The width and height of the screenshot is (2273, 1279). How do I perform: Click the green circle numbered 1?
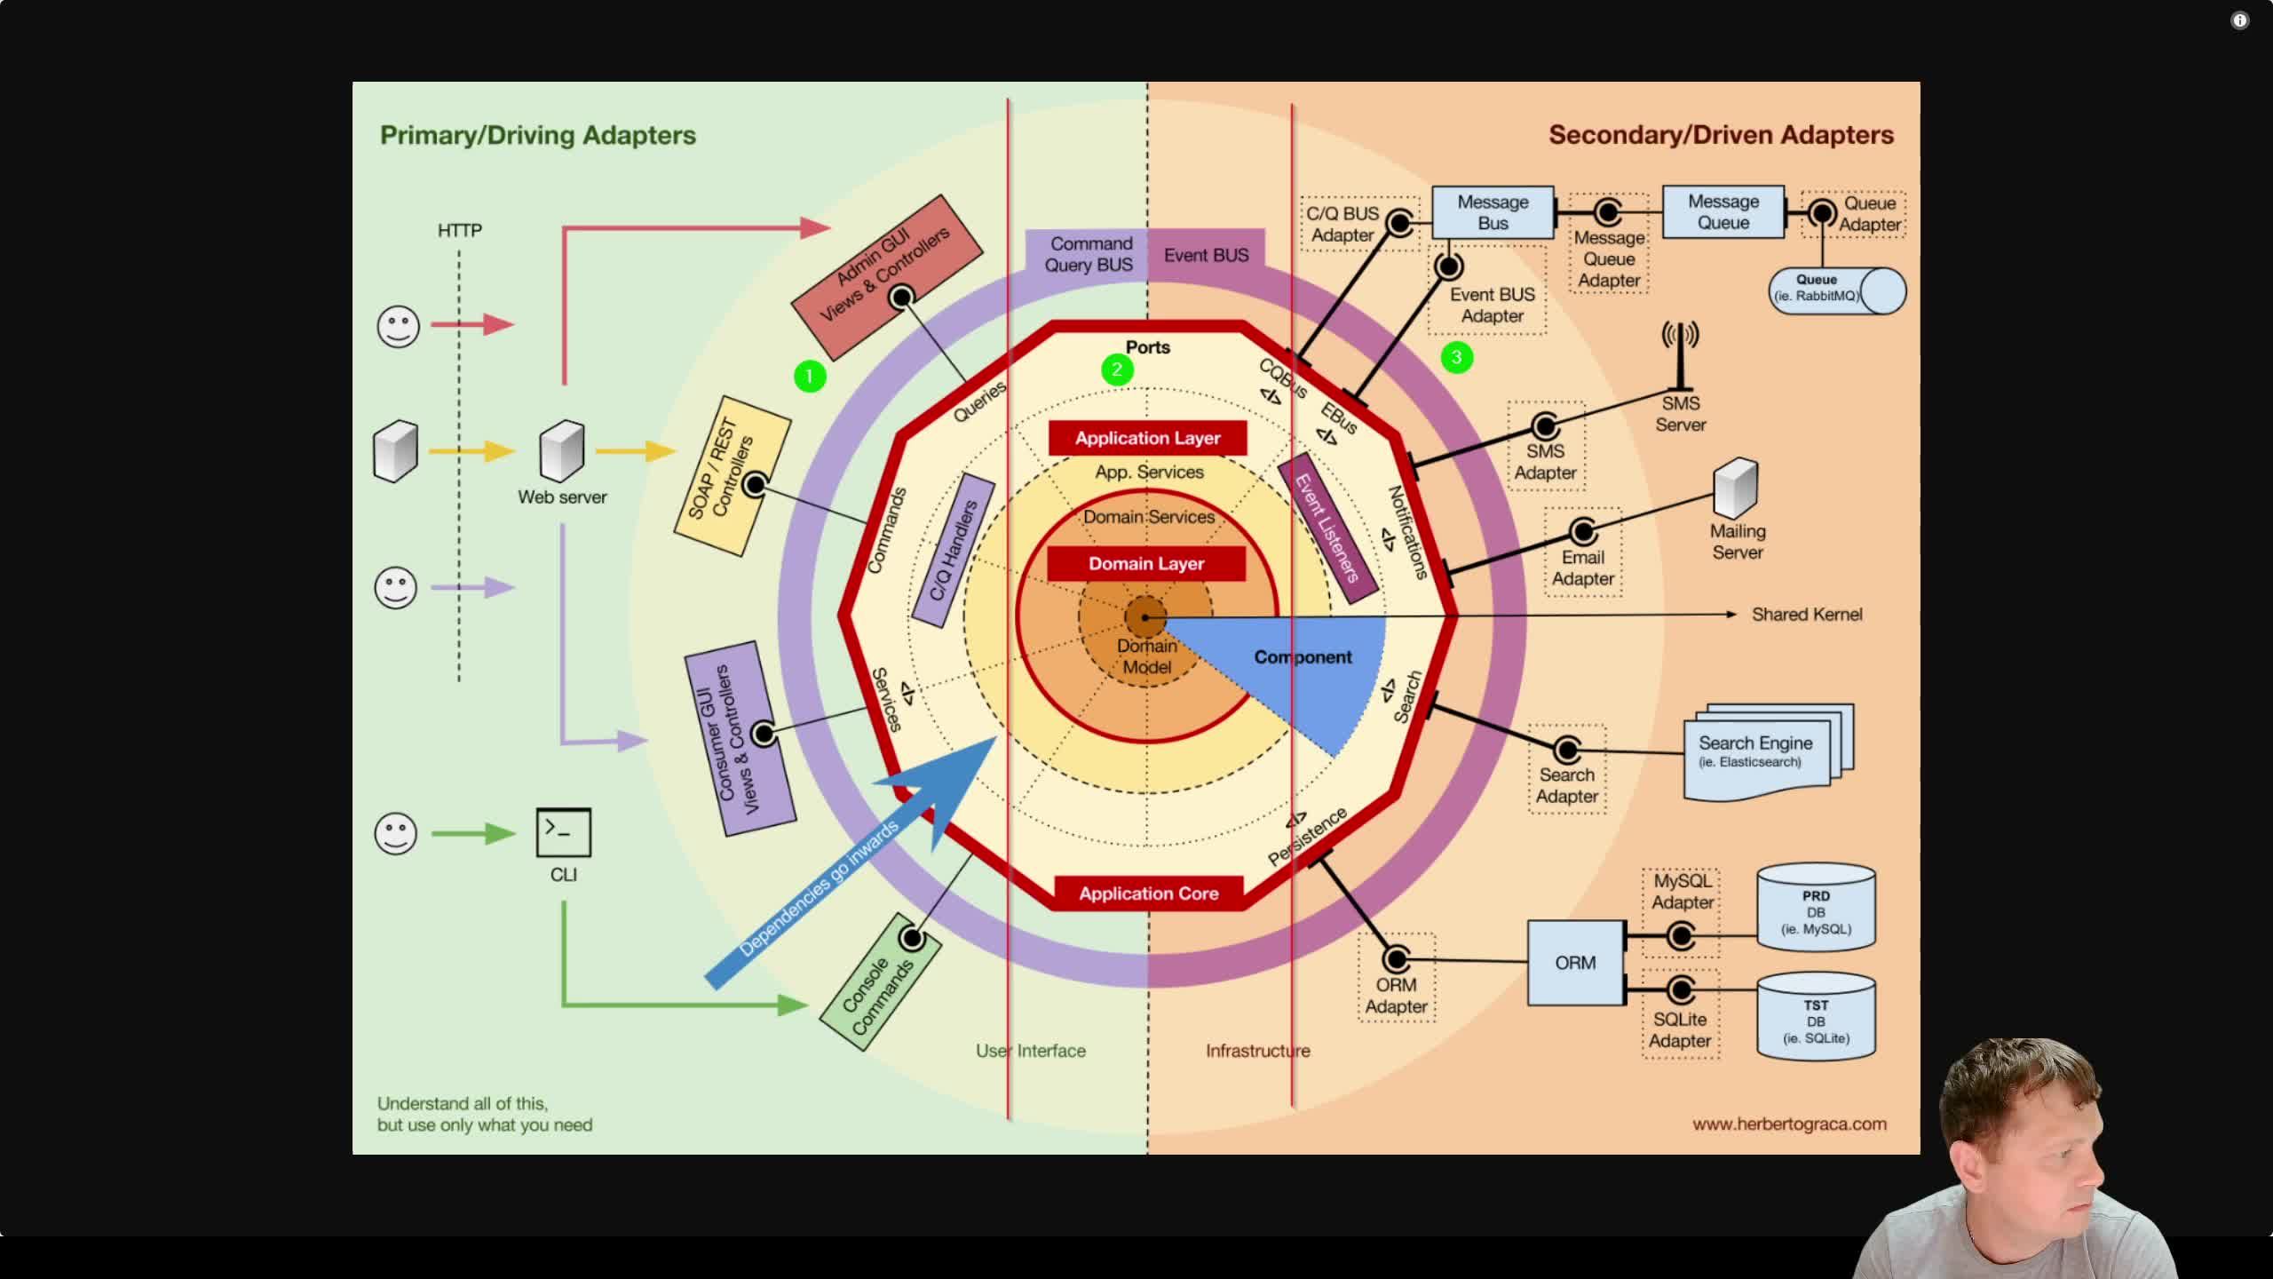click(809, 377)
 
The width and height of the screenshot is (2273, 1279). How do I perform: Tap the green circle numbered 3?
click(1456, 357)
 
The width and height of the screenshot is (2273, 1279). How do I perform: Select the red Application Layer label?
click(1147, 438)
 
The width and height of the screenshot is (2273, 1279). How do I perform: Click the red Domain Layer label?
click(1146, 564)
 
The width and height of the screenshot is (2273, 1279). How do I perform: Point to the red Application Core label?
click(1149, 894)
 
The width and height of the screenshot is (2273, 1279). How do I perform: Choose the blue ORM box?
click(1576, 963)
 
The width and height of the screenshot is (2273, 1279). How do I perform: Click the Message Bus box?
click(1493, 212)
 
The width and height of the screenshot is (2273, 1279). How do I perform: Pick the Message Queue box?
click(1723, 212)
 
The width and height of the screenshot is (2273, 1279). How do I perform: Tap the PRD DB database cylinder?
click(1816, 907)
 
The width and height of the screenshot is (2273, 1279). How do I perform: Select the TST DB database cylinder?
click(1816, 1016)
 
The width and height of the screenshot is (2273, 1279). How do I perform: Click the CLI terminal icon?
click(564, 832)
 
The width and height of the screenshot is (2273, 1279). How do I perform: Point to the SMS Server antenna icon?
click(1680, 356)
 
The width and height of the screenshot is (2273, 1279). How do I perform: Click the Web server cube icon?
click(562, 450)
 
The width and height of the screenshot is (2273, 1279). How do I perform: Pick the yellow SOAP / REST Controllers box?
click(733, 476)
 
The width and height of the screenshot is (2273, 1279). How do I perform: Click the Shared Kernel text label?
click(1807, 615)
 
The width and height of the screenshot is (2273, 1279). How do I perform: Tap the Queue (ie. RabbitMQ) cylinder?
click(1837, 290)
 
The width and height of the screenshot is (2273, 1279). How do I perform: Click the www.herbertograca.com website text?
click(1789, 1124)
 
